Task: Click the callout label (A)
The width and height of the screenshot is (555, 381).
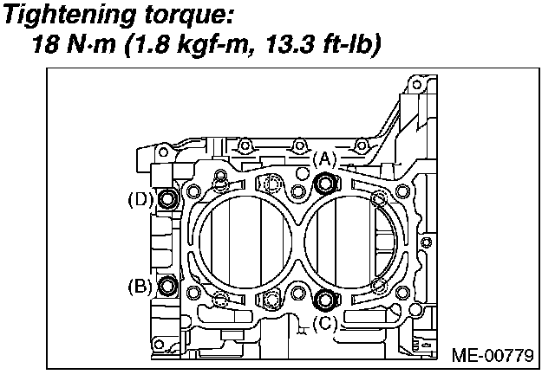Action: pos(323,159)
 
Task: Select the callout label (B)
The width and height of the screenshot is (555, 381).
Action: pos(140,285)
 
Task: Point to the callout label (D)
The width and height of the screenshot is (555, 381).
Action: pos(140,199)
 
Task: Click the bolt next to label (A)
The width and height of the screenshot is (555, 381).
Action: pos(326,183)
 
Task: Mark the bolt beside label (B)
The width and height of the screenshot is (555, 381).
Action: pos(167,285)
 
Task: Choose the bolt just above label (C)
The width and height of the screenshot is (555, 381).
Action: pos(326,300)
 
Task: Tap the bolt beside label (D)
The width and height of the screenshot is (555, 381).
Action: pos(167,199)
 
